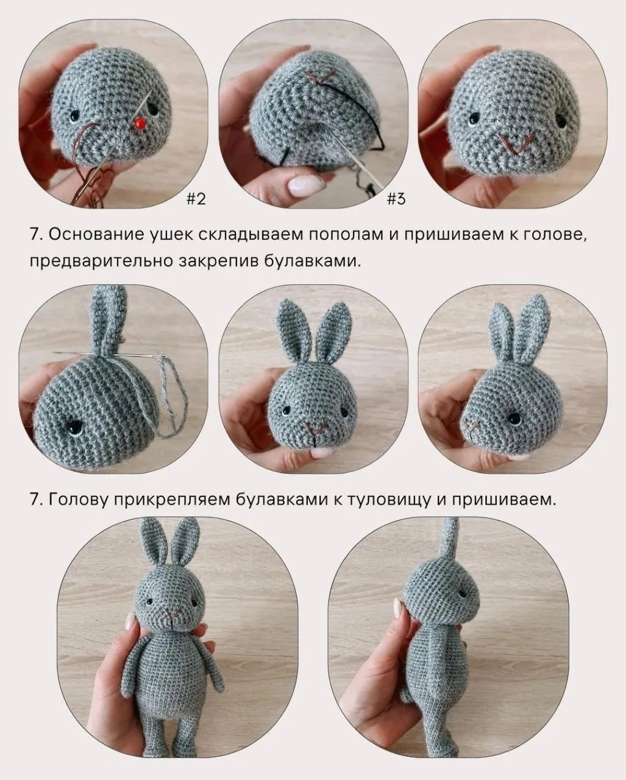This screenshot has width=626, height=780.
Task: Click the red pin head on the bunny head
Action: [139, 124]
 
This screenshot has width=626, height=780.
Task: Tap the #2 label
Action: [196, 198]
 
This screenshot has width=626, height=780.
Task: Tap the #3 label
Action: [396, 198]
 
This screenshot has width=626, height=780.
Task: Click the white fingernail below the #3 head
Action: [307, 186]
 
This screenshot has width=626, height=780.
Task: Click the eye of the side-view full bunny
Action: [463, 594]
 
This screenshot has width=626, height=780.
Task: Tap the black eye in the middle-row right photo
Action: [514, 419]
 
